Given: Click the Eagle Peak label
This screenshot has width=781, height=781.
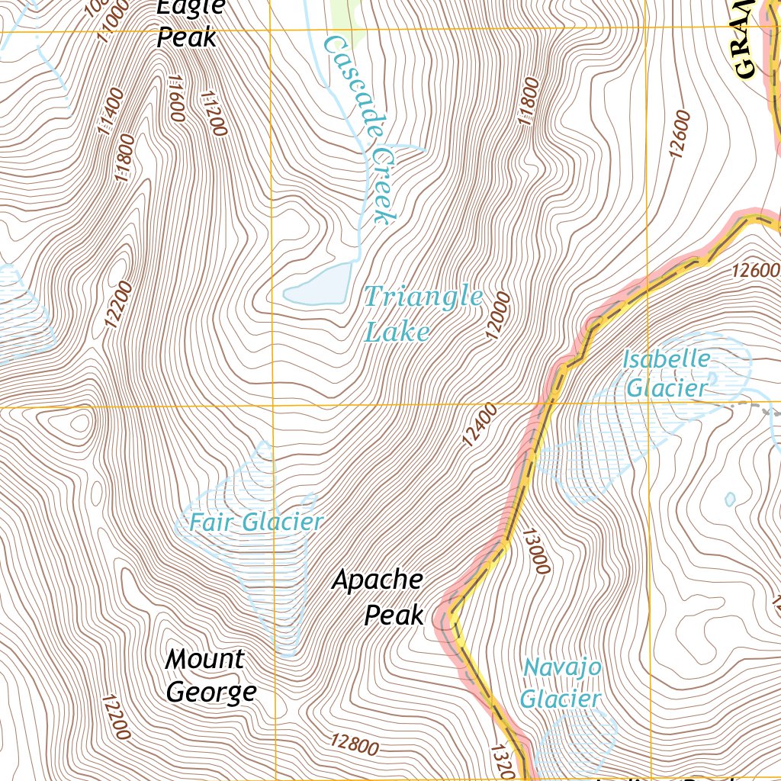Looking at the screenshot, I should [188, 23].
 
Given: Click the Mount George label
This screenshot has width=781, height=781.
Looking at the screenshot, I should [208, 676].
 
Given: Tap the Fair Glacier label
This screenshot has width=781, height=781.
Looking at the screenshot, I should [256, 522].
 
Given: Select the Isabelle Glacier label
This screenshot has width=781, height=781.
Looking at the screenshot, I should [666, 374].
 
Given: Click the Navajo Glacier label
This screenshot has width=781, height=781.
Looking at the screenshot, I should [562, 683].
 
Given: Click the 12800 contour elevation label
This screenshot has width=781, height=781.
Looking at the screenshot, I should [355, 744].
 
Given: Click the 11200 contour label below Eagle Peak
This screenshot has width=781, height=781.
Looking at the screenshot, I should [214, 114].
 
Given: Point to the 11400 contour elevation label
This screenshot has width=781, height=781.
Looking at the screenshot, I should [111, 111].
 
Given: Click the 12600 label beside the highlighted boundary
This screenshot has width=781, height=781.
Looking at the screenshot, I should [755, 270].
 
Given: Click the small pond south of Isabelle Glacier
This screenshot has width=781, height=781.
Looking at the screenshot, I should [730, 500].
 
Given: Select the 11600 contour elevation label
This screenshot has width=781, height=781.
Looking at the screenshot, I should [173, 99].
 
